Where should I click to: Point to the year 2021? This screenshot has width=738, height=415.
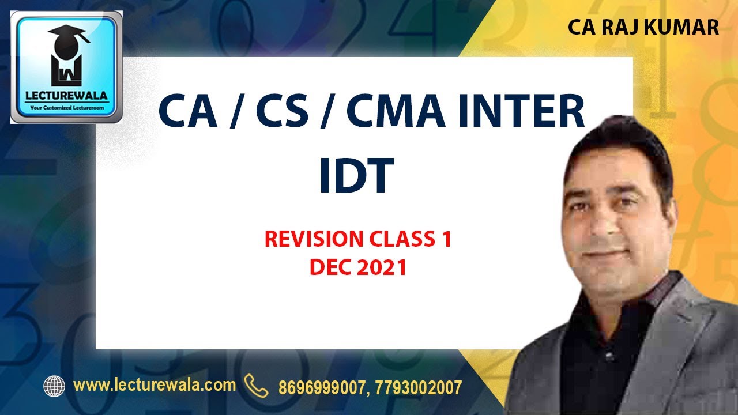pos(382,267)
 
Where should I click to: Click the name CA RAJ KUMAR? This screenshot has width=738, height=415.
pos(643,27)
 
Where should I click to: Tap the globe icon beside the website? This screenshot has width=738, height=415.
pos(54,386)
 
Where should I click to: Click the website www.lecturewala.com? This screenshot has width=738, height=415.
pos(155,385)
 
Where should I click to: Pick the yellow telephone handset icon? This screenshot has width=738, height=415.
pos(256,385)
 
